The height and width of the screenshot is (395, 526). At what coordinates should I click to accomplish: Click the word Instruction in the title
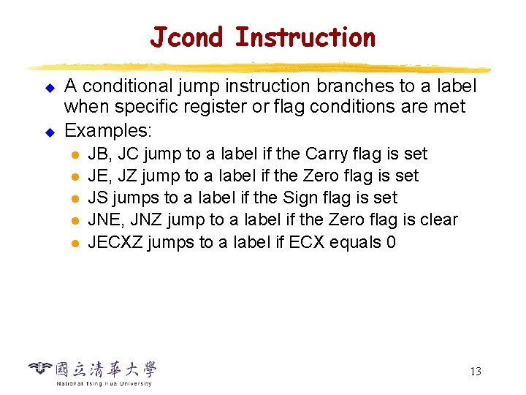[305, 37]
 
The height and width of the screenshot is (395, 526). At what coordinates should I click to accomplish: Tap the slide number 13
[475, 372]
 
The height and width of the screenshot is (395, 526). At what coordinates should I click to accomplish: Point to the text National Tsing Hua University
[104, 383]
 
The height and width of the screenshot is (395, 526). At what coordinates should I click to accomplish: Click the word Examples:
[108, 131]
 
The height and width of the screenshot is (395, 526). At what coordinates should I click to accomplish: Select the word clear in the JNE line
[437, 219]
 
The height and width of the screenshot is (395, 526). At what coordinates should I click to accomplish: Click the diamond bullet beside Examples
[50, 132]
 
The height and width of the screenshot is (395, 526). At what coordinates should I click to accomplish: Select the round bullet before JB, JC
[75, 155]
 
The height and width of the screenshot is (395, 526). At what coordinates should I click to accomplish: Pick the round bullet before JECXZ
[75, 243]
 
